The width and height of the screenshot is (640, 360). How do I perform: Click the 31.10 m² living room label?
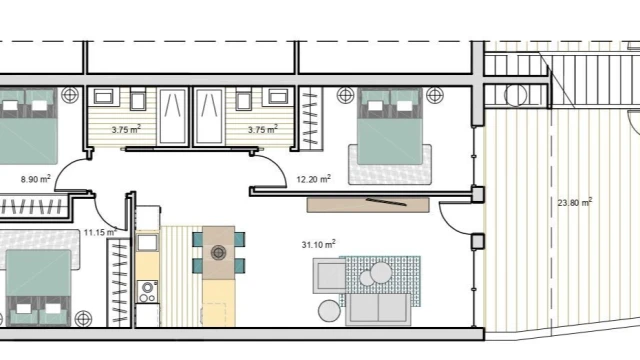click(318, 244)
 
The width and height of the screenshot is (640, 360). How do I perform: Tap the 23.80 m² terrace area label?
click(575, 202)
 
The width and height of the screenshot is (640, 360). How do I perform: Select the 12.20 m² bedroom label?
click(313, 179)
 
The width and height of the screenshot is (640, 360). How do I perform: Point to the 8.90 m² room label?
click(36, 179)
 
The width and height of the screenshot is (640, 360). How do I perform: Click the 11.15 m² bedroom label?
click(100, 232)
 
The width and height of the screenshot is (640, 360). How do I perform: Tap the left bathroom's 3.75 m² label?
click(126, 129)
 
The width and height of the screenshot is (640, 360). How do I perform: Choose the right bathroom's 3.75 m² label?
click(262, 129)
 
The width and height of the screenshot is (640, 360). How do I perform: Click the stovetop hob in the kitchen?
click(147, 291)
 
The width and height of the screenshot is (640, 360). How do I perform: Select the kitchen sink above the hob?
click(147, 243)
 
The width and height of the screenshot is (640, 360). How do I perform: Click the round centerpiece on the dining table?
click(218, 253)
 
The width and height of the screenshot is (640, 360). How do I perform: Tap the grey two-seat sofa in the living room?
click(378, 309)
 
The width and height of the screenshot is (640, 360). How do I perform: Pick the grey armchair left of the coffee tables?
click(329, 276)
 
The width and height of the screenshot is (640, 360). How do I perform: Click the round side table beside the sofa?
click(329, 311)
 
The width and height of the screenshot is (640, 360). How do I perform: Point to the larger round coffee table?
click(381, 273)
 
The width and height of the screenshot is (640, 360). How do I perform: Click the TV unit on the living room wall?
click(368, 205)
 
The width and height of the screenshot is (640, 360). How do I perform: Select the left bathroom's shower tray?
click(173, 116)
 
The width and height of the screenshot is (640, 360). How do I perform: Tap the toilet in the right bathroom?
click(243, 101)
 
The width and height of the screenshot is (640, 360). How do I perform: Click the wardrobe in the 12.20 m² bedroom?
click(310, 118)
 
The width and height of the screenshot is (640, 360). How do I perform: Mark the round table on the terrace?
click(516, 96)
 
